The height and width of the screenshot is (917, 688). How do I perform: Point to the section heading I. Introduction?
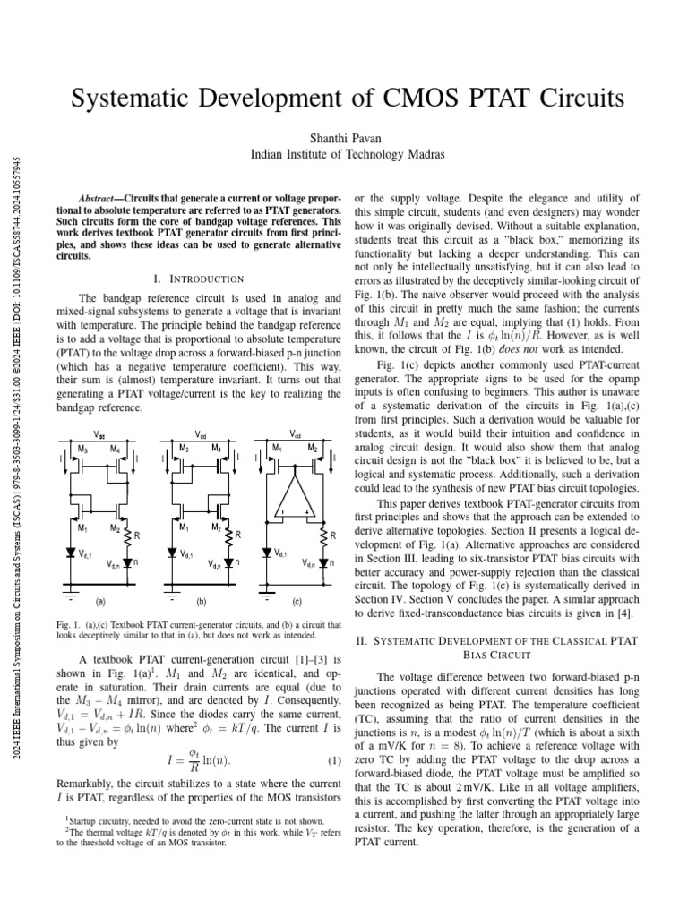(x=199, y=279)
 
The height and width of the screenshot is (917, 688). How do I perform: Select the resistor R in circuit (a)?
(x=137, y=535)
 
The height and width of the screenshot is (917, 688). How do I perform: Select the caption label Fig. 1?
(x=67, y=623)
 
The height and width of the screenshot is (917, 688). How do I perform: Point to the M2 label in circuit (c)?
(x=313, y=448)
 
